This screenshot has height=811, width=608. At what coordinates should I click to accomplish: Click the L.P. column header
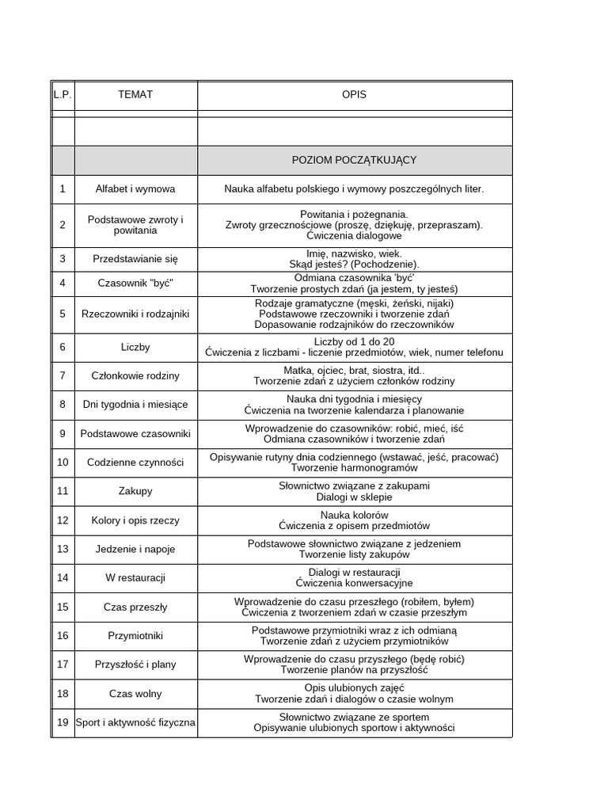point(63,94)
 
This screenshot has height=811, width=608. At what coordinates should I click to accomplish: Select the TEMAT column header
point(135,94)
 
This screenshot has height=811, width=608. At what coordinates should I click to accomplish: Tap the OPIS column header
point(354,94)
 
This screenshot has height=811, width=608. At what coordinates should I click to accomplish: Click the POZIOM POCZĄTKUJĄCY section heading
point(354,160)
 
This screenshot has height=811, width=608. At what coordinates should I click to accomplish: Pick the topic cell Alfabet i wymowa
point(135,189)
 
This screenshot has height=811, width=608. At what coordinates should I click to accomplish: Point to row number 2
point(63,225)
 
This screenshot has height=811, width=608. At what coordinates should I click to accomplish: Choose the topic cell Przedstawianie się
point(135,258)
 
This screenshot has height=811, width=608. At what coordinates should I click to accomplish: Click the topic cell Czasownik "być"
point(135,283)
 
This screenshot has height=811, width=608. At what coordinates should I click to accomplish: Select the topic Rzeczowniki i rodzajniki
point(135,314)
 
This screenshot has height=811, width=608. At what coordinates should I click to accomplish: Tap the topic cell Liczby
point(135,347)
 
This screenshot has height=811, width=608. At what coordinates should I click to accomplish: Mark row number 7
point(63,375)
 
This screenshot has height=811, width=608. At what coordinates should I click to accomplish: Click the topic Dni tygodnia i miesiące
point(135,405)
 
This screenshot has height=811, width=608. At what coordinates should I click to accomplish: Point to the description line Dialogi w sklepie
point(354,497)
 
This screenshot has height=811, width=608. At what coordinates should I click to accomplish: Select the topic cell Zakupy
point(135,491)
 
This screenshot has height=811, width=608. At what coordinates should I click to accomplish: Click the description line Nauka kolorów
point(354,515)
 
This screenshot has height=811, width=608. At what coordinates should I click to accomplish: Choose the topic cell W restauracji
point(135,577)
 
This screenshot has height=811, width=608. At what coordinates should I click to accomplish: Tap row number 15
point(63,607)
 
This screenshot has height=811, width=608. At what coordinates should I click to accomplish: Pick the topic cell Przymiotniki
point(135,635)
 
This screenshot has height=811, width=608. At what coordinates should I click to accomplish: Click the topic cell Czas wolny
point(135,693)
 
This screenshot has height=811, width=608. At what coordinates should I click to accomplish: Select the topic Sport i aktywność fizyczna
point(135,722)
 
